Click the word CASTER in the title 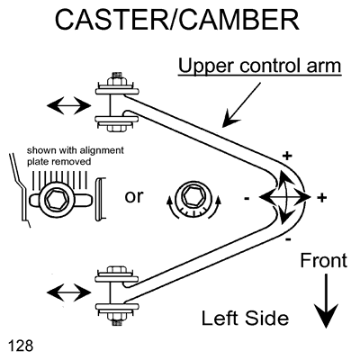[x=112, y=20]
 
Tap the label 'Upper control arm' [x=260, y=66]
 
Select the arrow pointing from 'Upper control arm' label [x=241, y=105]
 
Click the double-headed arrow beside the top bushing [x=69, y=105]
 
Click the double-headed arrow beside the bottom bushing [x=69, y=292]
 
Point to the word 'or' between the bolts [x=134, y=196]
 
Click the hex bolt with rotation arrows [x=193, y=197]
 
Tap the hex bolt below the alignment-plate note [x=59, y=198]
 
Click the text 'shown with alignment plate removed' [x=76, y=156]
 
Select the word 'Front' [x=324, y=260]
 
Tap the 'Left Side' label [x=245, y=318]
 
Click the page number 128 [x=21, y=346]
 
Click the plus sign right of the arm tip [x=322, y=197]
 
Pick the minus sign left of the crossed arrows [x=247, y=198]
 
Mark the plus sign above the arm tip [x=287, y=156]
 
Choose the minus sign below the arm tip [x=288, y=239]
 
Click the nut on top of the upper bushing [x=116, y=80]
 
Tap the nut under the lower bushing [x=116, y=319]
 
